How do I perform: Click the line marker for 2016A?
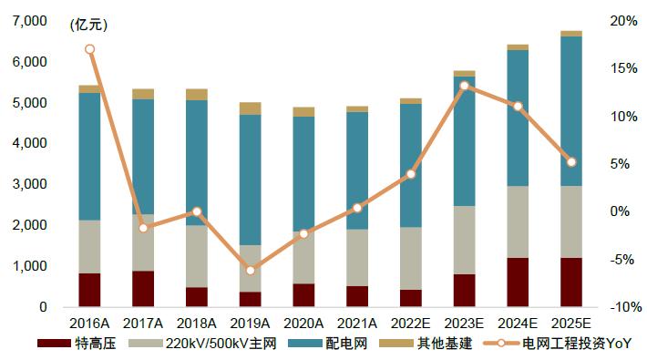(x=89, y=49)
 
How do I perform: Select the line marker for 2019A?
(x=251, y=270)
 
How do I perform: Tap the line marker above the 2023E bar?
(x=464, y=86)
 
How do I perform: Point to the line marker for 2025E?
(x=571, y=162)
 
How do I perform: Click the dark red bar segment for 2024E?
(x=518, y=283)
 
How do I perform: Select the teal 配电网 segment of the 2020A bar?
(x=303, y=173)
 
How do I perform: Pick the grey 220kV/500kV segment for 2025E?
(x=571, y=221)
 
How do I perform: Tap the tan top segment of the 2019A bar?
(x=251, y=108)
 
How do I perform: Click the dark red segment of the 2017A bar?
(x=143, y=289)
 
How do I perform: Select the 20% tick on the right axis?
(x=622, y=21)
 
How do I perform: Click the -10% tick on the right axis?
(x=622, y=307)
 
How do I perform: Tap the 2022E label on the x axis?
(x=411, y=323)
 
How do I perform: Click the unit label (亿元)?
(x=88, y=26)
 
